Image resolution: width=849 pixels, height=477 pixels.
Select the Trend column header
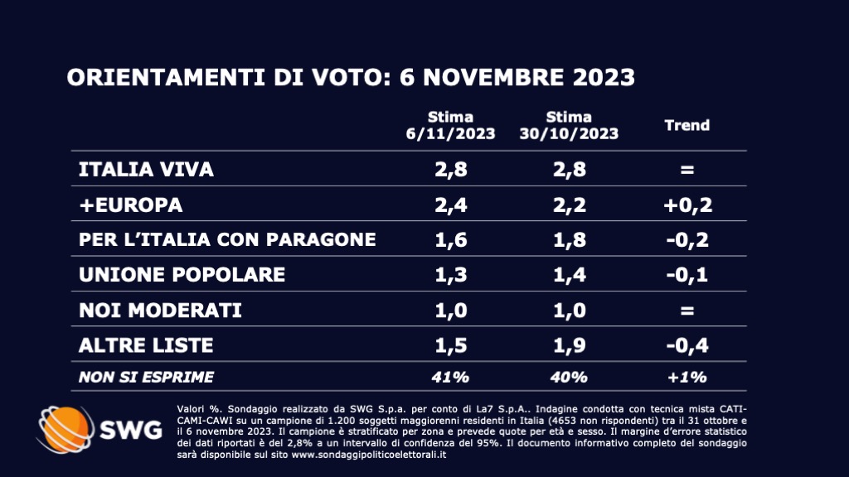pyautogui.click(x=687, y=125)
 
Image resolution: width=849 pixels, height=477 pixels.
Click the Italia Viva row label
pyautogui.click(x=146, y=170)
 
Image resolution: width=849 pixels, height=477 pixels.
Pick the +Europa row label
pyautogui.click(x=130, y=205)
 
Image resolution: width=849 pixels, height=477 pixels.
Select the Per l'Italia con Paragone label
pyautogui.click(x=227, y=239)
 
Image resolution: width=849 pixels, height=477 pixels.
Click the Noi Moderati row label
pyautogui.click(x=160, y=310)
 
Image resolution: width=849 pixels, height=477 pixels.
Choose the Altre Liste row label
pyautogui.click(x=146, y=344)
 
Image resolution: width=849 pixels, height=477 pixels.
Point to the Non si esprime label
pyautogui.click(x=146, y=377)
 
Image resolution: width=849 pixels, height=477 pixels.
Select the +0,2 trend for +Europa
pyautogui.click(x=687, y=205)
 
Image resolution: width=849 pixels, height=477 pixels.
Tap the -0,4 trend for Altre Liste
pyautogui.click(x=687, y=344)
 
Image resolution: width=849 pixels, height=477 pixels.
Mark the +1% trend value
pyautogui.click(x=687, y=377)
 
